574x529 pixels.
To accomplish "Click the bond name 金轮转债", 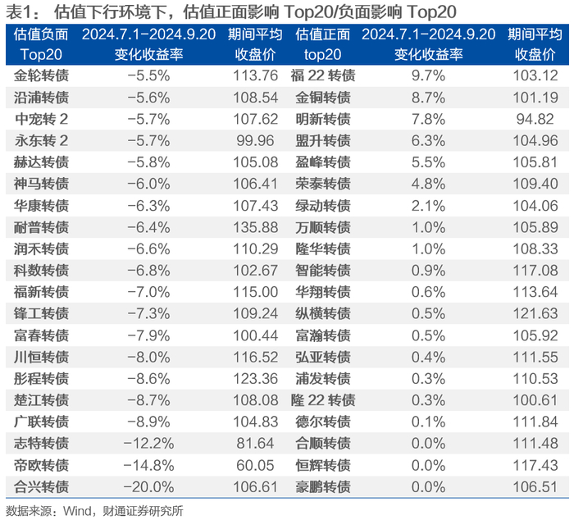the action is (x=41, y=75).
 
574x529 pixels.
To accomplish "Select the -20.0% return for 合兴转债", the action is (x=148, y=487).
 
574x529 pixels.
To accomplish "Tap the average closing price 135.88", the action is (x=256, y=227).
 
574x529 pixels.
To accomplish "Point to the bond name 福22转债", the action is (x=323, y=75).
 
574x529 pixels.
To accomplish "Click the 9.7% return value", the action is (x=428, y=75).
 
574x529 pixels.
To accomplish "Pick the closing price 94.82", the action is (x=535, y=119).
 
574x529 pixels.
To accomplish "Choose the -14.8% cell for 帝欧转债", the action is (x=148, y=465).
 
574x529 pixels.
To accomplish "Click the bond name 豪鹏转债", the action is (x=323, y=487).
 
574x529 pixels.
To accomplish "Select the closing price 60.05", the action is (x=255, y=465).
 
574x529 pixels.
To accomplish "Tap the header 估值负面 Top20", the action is (x=41, y=44).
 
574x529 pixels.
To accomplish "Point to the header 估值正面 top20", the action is (x=322, y=44).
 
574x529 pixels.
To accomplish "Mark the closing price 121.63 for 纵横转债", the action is (x=535, y=314).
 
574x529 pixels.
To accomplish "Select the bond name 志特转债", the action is (x=41, y=444).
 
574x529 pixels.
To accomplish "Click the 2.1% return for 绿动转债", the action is (x=428, y=206).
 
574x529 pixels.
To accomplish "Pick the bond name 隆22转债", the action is (x=323, y=400).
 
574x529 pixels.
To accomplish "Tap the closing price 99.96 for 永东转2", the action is (x=255, y=140).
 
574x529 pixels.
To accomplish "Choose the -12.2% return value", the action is (x=148, y=444).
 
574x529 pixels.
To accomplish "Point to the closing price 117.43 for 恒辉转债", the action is (x=535, y=465).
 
